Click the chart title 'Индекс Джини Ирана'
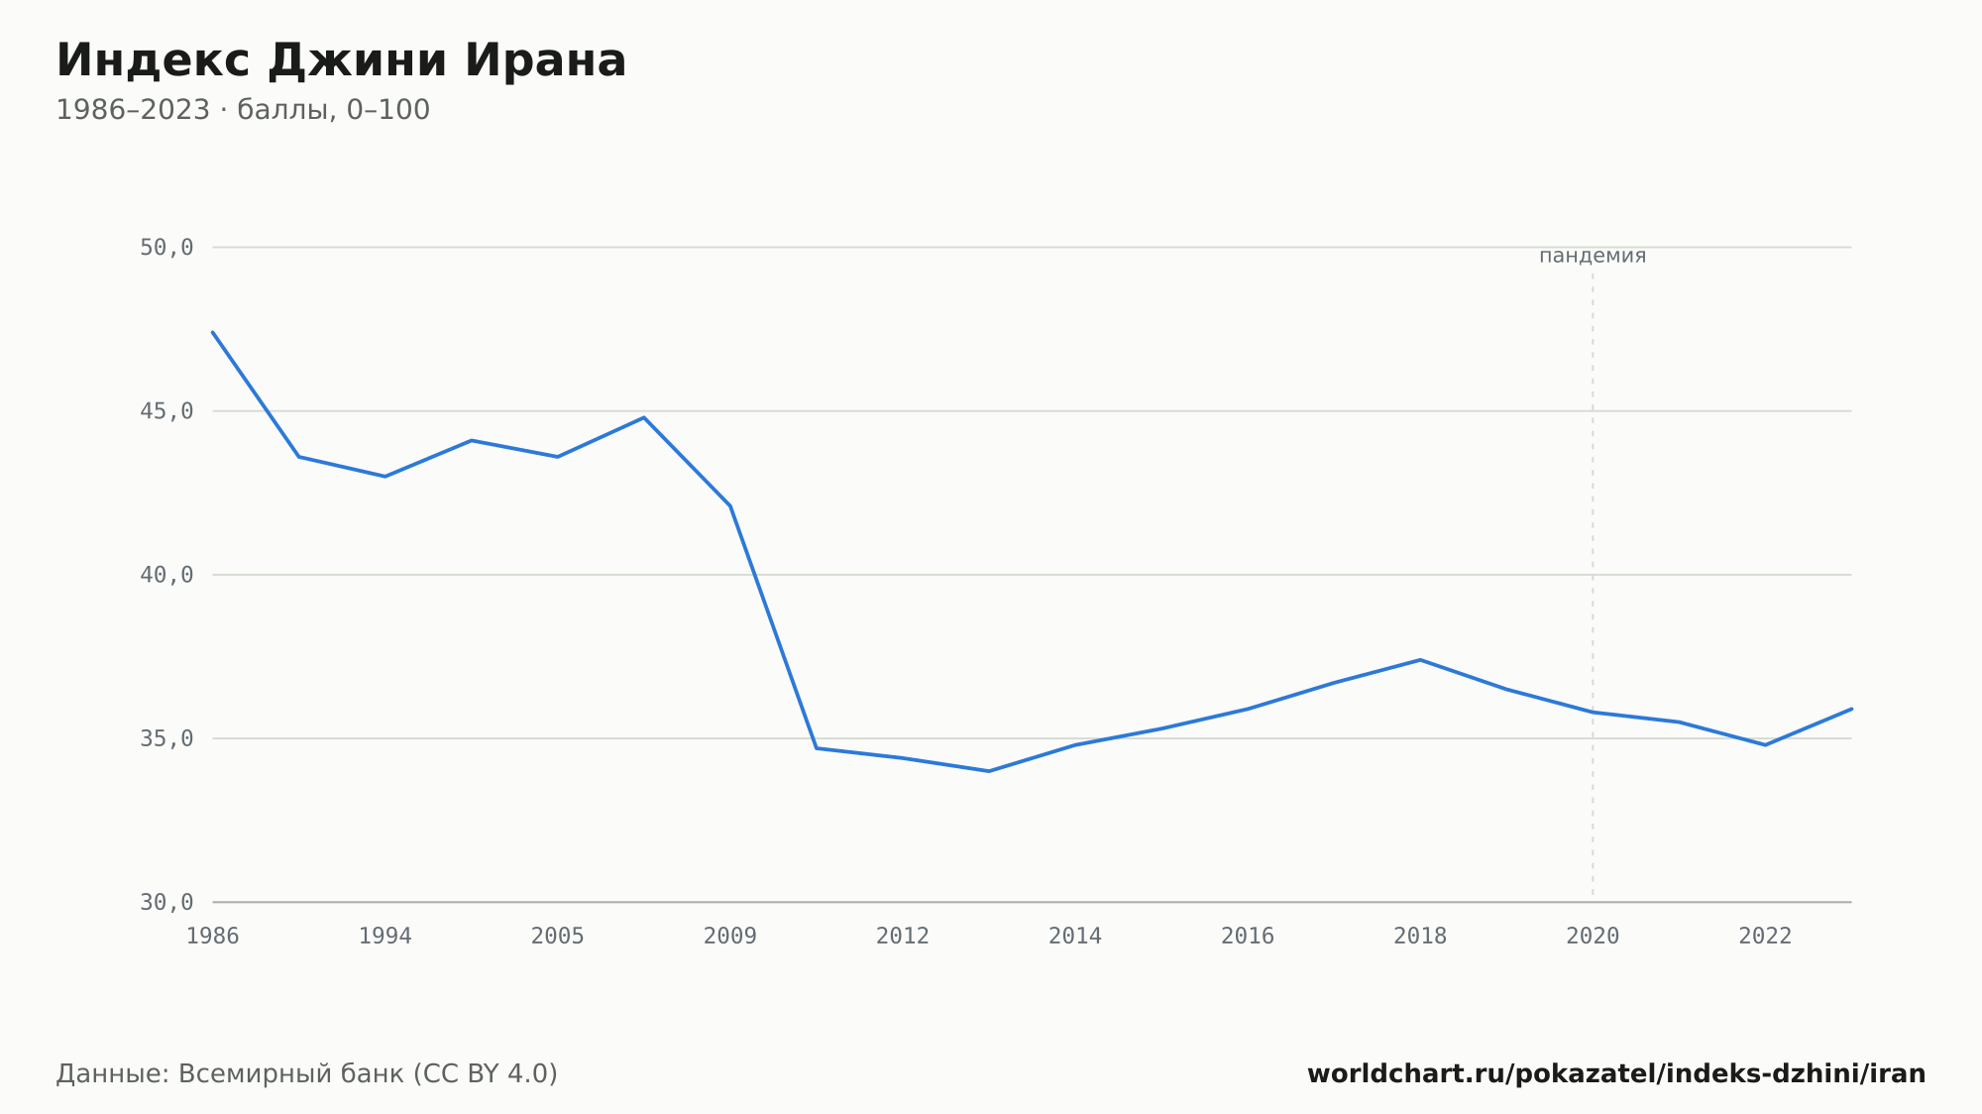pos(341,61)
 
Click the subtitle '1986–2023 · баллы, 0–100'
pos(243,110)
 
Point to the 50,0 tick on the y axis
pos(166,248)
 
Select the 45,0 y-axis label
pos(166,411)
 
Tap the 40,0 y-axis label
pos(166,575)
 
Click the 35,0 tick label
pos(166,738)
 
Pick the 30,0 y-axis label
pos(166,902)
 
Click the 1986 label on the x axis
pos(213,937)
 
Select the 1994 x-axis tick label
pos(385,937)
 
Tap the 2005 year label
pos(558,937)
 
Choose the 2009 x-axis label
pos(730,937)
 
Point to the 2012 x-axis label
pos(903,937)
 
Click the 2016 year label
pos(1248,937)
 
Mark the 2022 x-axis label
pos(1765,937)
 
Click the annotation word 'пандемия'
pos(1593,256)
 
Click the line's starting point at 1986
pos(213,332)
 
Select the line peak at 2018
pos(1420,660)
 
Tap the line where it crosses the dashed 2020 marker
pos(1593,712)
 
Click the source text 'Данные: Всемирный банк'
pos(231,1074)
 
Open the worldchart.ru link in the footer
pos(1616,1074)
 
